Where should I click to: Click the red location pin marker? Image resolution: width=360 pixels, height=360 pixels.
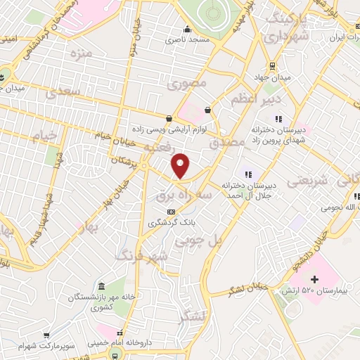click(x=181, y=165)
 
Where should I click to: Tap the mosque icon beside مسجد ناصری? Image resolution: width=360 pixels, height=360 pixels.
click(x=187, y=30)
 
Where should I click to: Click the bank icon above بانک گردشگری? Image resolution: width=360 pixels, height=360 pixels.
click(x=170, y=212)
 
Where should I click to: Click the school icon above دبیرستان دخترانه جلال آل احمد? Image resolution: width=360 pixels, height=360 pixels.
click(x=247, y=173)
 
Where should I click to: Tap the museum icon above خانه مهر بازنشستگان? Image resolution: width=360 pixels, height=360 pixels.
click(x=102, y=286)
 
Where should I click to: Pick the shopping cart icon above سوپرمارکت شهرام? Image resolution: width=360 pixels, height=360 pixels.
click(x=46, y=336)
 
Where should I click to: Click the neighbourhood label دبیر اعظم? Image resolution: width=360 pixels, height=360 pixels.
click(x=251, y=100)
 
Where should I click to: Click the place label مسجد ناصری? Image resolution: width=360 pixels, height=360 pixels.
click(x=188, y=40)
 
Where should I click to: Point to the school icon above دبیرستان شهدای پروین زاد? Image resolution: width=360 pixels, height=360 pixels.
click(x=278, y=119)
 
